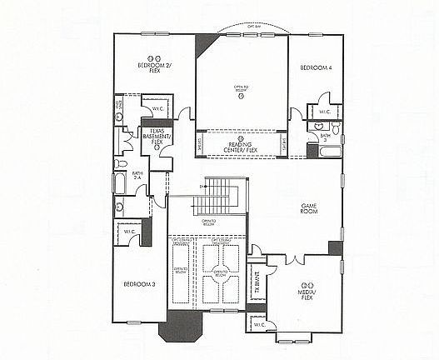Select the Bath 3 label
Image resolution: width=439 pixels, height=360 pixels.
pos(325,137)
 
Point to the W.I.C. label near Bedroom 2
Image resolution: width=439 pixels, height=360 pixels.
pos(157,109)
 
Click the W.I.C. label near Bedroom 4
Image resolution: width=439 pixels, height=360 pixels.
pos(324,111)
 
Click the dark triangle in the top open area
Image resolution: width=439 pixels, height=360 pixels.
pos(204,44)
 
